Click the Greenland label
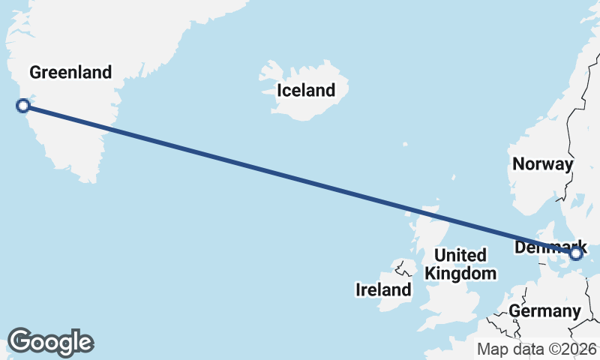coord(70,73)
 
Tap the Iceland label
coord(306,91)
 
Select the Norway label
coord(542,164)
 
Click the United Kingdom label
coord(460,264)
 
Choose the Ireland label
coord(383,289)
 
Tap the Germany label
coord(544,311)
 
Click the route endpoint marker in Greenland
coord(22,106)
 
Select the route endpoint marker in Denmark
coord(576,254)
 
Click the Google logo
coord(50,342)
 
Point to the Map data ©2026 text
coord(537,349)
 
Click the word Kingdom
coord(460,273)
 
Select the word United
coord(460,255)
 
